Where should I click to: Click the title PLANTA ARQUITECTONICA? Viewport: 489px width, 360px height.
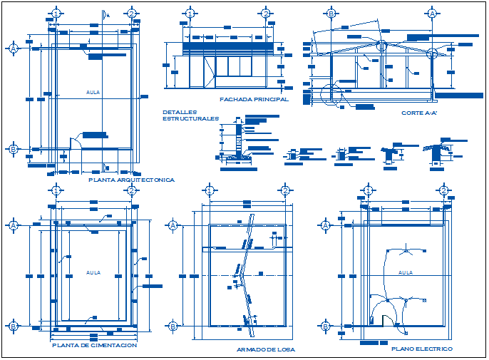[131, 180]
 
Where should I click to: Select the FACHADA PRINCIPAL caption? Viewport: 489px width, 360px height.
[254, 100]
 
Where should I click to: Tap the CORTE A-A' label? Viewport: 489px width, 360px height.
[419, 113]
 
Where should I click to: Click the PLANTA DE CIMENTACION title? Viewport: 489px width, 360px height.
[94, 345]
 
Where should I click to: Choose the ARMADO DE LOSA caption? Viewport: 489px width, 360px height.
[265, 349]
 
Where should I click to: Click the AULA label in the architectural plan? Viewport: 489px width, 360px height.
[93, 93]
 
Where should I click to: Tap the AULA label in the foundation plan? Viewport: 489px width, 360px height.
[93, 272]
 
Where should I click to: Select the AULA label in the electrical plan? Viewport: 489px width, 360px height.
[405, 272]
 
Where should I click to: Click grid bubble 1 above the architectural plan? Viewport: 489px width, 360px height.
[56, 14]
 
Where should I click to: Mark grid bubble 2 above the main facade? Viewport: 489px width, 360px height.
[265, 14]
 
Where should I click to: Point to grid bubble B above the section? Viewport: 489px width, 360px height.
[331, 14]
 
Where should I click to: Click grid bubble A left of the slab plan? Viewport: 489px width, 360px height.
[173, 225]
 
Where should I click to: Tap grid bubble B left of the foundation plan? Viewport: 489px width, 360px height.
[13, 326]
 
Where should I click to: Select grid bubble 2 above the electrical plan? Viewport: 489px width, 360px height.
[443, 190]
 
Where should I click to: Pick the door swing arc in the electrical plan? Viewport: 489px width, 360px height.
[387, 305]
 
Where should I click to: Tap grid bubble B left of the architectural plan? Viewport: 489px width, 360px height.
[13, 149]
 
